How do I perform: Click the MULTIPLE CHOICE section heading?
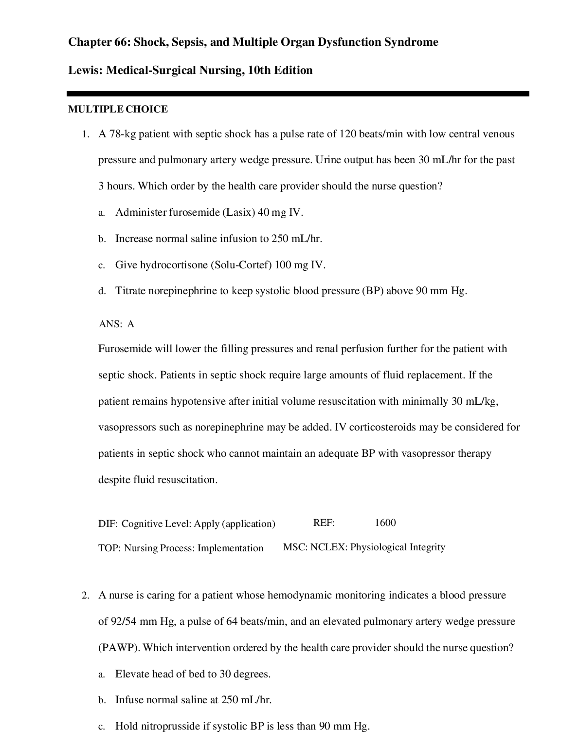coord(118,110)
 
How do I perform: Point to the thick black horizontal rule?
coord(298,94)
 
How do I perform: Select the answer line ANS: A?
coord(116,324)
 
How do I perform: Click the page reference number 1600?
coord(385,523)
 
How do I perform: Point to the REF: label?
coord(324,523)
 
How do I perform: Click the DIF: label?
coord(108,524)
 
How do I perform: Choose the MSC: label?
coord(295,547)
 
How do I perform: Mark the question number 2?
coord(85,596)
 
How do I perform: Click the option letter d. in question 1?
coord(102,292)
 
